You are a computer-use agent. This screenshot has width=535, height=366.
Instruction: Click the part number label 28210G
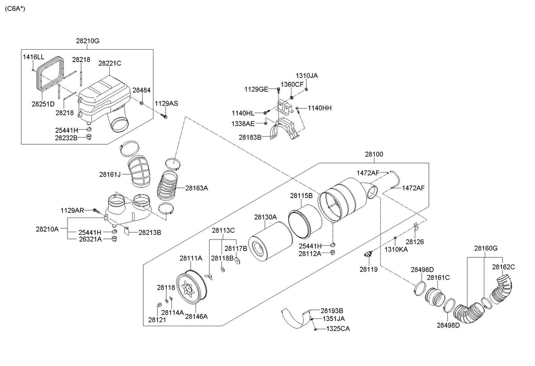coord(87,41)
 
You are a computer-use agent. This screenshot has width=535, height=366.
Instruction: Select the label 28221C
coord(110,63)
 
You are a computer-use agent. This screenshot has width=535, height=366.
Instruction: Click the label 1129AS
coord(166,104)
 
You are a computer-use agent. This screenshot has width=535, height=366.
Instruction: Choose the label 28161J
coord(109,174)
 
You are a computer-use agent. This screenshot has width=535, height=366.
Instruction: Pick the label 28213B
coord(149,232)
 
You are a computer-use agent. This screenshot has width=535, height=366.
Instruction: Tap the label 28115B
coord(301,196)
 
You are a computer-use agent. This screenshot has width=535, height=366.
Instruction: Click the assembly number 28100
coord(374,155)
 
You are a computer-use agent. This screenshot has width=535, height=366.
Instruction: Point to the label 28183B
coord(250,137)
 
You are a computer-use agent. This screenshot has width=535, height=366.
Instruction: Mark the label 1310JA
coord(307,75)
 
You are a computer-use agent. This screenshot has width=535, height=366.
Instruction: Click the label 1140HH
coord(320,108)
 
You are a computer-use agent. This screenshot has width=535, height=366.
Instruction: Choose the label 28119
coord(367,269)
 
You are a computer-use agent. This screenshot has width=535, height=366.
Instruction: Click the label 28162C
coord(504,267)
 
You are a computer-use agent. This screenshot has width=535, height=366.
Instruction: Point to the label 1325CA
coord(338,329)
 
